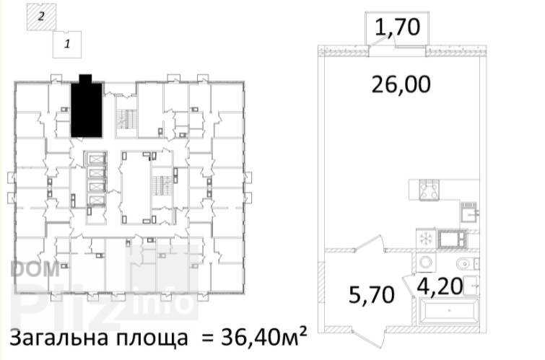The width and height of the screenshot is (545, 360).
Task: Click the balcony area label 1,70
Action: (x=397, y=27)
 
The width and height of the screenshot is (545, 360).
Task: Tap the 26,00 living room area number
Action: (x=401, y=84)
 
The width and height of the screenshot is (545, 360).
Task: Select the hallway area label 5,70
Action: (x=372, y=295)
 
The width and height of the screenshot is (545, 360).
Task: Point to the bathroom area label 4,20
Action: (x=440, y=286)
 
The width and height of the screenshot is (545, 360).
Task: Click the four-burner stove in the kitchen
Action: (x=430, y=190)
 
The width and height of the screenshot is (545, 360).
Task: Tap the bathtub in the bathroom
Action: (x=449, y=311)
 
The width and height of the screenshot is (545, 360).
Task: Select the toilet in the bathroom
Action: (x=468, y=264)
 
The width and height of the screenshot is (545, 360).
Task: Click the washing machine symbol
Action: (x=426, y=263)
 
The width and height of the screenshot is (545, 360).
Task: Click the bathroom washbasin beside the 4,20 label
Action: (x=471, y=284)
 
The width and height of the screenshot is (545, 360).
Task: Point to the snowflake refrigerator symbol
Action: (x=426, y=238)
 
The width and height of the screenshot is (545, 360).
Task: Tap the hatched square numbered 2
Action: (x=41, y=17)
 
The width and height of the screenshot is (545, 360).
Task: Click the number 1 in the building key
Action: (x=67, y=44)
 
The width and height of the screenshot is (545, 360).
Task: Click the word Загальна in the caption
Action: (x=60, y=337)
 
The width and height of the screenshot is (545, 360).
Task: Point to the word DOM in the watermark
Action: (x=35, y=269)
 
